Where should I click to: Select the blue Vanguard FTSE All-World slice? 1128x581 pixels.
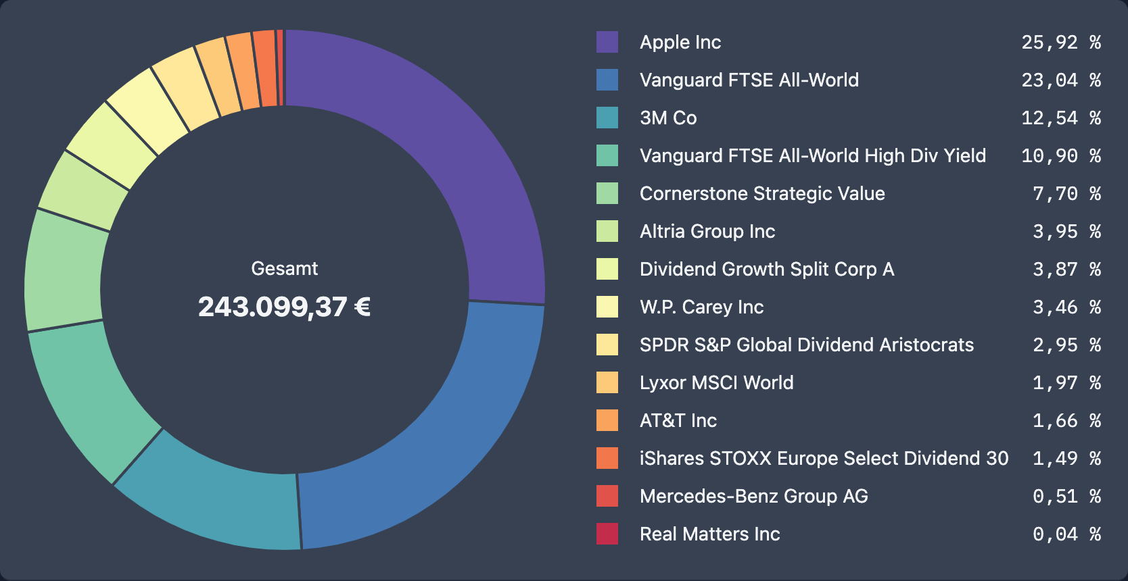pyautogui.click(x=446, y=432)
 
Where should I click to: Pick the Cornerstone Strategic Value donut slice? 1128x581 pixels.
pyautogui.click(x=64, y=270)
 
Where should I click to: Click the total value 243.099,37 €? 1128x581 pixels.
pyautogui.click(x=284, y=307)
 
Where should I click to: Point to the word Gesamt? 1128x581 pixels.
pyautogui.click(x=284, y=268)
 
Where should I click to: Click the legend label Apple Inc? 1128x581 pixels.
pyautogui.click(x=680, y=42)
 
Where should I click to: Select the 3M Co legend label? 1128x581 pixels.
pyautogui.click(x=668, y=118)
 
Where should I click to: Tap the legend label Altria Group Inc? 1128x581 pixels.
pyautogui.click(x=707, y=231)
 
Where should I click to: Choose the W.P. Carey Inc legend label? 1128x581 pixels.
pyautogui.click(x=701, y=307)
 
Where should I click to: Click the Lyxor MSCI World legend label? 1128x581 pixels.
pyautogui.click(x=716, y=382)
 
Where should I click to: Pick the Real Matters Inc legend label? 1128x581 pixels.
pyautogui.click(x=709, y=534)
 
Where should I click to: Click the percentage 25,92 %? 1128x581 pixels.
pyautogui.click(x=1060, y=42)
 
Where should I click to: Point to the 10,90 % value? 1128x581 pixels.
pyautogui.click(x=1060, y=155)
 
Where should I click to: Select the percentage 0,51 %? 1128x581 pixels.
pyautogui.click(x=1066, y=496)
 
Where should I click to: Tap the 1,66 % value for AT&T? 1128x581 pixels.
pyautogui.click(x=1066, y=420)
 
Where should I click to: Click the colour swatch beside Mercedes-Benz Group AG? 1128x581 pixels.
pyautogui.click(x=607, y=496)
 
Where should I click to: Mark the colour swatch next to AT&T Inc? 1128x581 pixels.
pyautogui.click(x=607, y=420)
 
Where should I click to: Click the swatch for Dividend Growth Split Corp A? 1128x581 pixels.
pyautogui.click(x=607, y=269)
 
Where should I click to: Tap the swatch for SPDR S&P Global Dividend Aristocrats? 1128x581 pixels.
pyautogui.click(x=607, y=345)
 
